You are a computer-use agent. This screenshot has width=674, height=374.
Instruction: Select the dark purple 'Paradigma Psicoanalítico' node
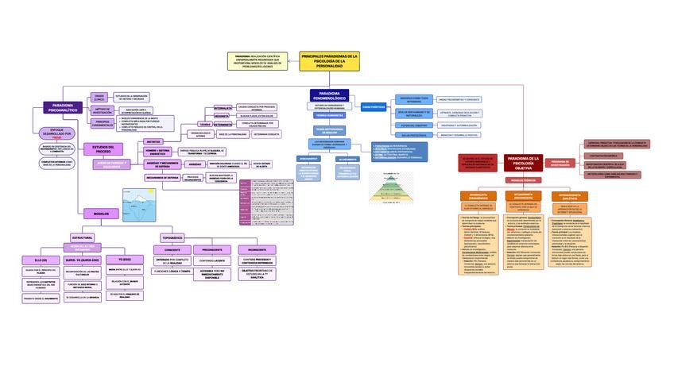(63, 107)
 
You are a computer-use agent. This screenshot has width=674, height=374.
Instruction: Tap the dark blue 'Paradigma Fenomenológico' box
(329, 95)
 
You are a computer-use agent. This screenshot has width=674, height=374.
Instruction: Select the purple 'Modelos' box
(101, 214)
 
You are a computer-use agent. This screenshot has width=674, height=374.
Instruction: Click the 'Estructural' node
(83, 237)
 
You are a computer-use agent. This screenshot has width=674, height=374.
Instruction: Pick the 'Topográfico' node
(172, 237)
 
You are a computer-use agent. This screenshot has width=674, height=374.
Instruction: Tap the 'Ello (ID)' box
(41, 260)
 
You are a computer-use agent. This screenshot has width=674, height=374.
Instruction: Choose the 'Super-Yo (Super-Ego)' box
(83, 260)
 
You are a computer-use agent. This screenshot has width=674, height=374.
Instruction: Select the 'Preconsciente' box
(207, 249)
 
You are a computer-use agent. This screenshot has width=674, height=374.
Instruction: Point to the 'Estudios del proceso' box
(103, 148)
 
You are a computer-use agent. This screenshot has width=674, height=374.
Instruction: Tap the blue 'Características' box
(374, 106)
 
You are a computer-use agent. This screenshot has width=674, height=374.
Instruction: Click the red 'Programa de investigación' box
(560, 163)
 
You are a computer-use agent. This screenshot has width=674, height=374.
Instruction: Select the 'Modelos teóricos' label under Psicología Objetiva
(523, 180)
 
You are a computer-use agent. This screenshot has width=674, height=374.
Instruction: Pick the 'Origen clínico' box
(99, 96)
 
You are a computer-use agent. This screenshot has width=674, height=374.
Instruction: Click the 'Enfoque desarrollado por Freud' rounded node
(56, 133)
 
